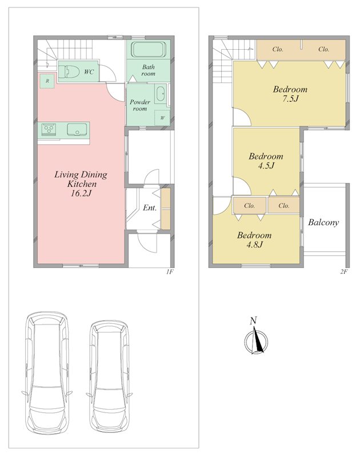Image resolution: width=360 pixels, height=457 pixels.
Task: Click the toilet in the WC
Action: tap(69, 71)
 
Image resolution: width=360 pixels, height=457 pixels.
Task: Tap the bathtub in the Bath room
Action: tap(148, 50)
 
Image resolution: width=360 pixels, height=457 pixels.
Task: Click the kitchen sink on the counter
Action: tap(77, 130)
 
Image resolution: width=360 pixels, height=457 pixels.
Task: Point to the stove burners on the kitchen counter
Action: tap(49, 130)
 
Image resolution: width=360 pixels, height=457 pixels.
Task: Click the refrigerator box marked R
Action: tap(47, 81)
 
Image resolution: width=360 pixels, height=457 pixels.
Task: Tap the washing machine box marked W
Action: tap(162, 118)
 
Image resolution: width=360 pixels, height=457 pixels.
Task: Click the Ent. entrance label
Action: tap(150, 208)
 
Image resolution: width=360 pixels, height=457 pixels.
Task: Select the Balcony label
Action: tap(323, 223)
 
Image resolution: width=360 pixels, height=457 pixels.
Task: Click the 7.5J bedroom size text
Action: tap(290, 98)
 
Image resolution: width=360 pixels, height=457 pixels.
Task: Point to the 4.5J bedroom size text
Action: tap(266, 166)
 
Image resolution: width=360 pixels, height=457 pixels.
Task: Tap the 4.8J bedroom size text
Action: tap(254, 244)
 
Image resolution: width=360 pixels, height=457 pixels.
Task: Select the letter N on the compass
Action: tap(253, 321)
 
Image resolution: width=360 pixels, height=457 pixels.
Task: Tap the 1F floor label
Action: tap(170, 272)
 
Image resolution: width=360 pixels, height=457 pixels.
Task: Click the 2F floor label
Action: tap(344, 272)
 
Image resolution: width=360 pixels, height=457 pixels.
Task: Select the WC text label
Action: tap(89, 71)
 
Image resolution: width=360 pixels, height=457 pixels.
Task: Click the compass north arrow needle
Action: tap(258, 339)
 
